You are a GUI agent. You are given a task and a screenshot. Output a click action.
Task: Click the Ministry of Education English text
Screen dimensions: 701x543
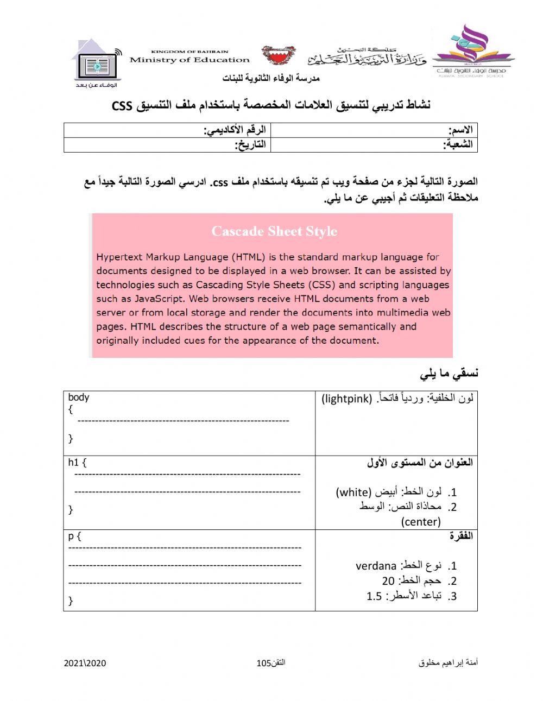(x=189, y=60)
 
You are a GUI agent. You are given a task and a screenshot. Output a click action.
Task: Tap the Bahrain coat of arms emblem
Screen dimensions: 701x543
(x=279, y=55)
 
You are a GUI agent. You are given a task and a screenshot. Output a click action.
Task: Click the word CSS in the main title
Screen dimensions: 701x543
(x=122, y=105)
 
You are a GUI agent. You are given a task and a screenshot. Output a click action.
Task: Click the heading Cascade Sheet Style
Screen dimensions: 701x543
(x=274, y=231)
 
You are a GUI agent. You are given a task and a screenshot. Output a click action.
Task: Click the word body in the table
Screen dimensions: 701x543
(x=79, y=397)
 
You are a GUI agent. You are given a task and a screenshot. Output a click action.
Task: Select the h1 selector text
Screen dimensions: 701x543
(x=74, y=463)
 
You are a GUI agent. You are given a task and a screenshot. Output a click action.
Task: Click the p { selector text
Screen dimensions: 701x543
(x=74, y=536)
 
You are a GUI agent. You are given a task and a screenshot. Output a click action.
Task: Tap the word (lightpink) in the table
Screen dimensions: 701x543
(x=346, y=399)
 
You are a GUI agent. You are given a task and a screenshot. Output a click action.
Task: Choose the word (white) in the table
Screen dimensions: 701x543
(x=353, y=492)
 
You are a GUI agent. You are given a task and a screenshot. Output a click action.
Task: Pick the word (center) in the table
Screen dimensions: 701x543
(x=421, y=522)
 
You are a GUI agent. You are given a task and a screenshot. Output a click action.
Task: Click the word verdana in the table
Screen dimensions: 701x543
(x=376, y=566)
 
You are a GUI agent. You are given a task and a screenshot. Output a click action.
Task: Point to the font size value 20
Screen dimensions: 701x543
(x=388, y=581)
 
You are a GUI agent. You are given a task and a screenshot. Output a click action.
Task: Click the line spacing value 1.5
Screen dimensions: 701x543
(x=374, y=596)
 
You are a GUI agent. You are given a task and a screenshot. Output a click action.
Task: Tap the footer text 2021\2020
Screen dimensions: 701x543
(x=85, y=663)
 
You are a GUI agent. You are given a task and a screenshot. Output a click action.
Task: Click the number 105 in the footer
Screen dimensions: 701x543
(x=263, y=663)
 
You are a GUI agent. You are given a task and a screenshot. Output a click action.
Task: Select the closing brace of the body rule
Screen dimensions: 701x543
(x=71, y=438)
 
